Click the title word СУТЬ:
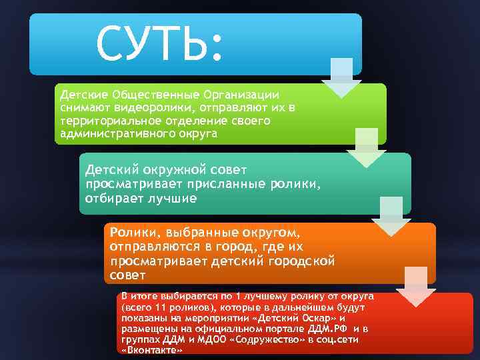coord(157,45)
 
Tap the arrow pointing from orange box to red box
coord(416,287)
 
